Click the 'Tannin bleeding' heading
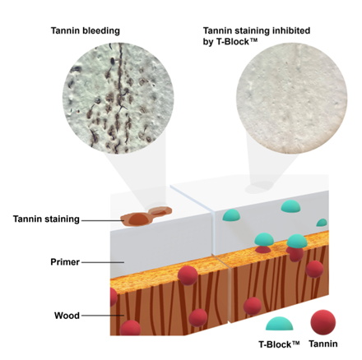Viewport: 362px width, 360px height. coord(86,30)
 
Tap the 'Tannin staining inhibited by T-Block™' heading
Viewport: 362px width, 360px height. coord(257,36)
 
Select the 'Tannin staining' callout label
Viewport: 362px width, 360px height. coord(46,219)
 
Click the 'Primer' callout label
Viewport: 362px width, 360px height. coord(65,262)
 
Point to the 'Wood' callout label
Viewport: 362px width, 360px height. coord(67,316)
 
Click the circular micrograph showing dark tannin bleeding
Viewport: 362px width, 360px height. coord(118,98)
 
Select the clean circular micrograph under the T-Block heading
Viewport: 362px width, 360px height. coord(291,98)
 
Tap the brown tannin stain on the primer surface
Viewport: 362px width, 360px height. coord(146,216)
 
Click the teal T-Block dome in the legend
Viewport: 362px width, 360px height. coord(279,324)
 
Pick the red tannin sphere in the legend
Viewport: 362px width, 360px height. coord(323,322)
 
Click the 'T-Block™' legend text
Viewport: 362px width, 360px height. coord(279,344)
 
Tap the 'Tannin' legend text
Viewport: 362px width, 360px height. coord(323,344)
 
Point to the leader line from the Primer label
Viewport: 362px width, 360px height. coord(103,262)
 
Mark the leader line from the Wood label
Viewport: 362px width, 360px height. coord(103,316)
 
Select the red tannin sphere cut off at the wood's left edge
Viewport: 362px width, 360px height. coord(114,297)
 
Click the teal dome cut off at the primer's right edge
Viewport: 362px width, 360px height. coord(323,223)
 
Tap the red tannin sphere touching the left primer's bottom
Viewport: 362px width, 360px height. coord(188,275)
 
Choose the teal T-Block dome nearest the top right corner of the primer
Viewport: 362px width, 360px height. coord(290,206)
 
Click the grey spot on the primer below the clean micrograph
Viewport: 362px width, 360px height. coord(259,187)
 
